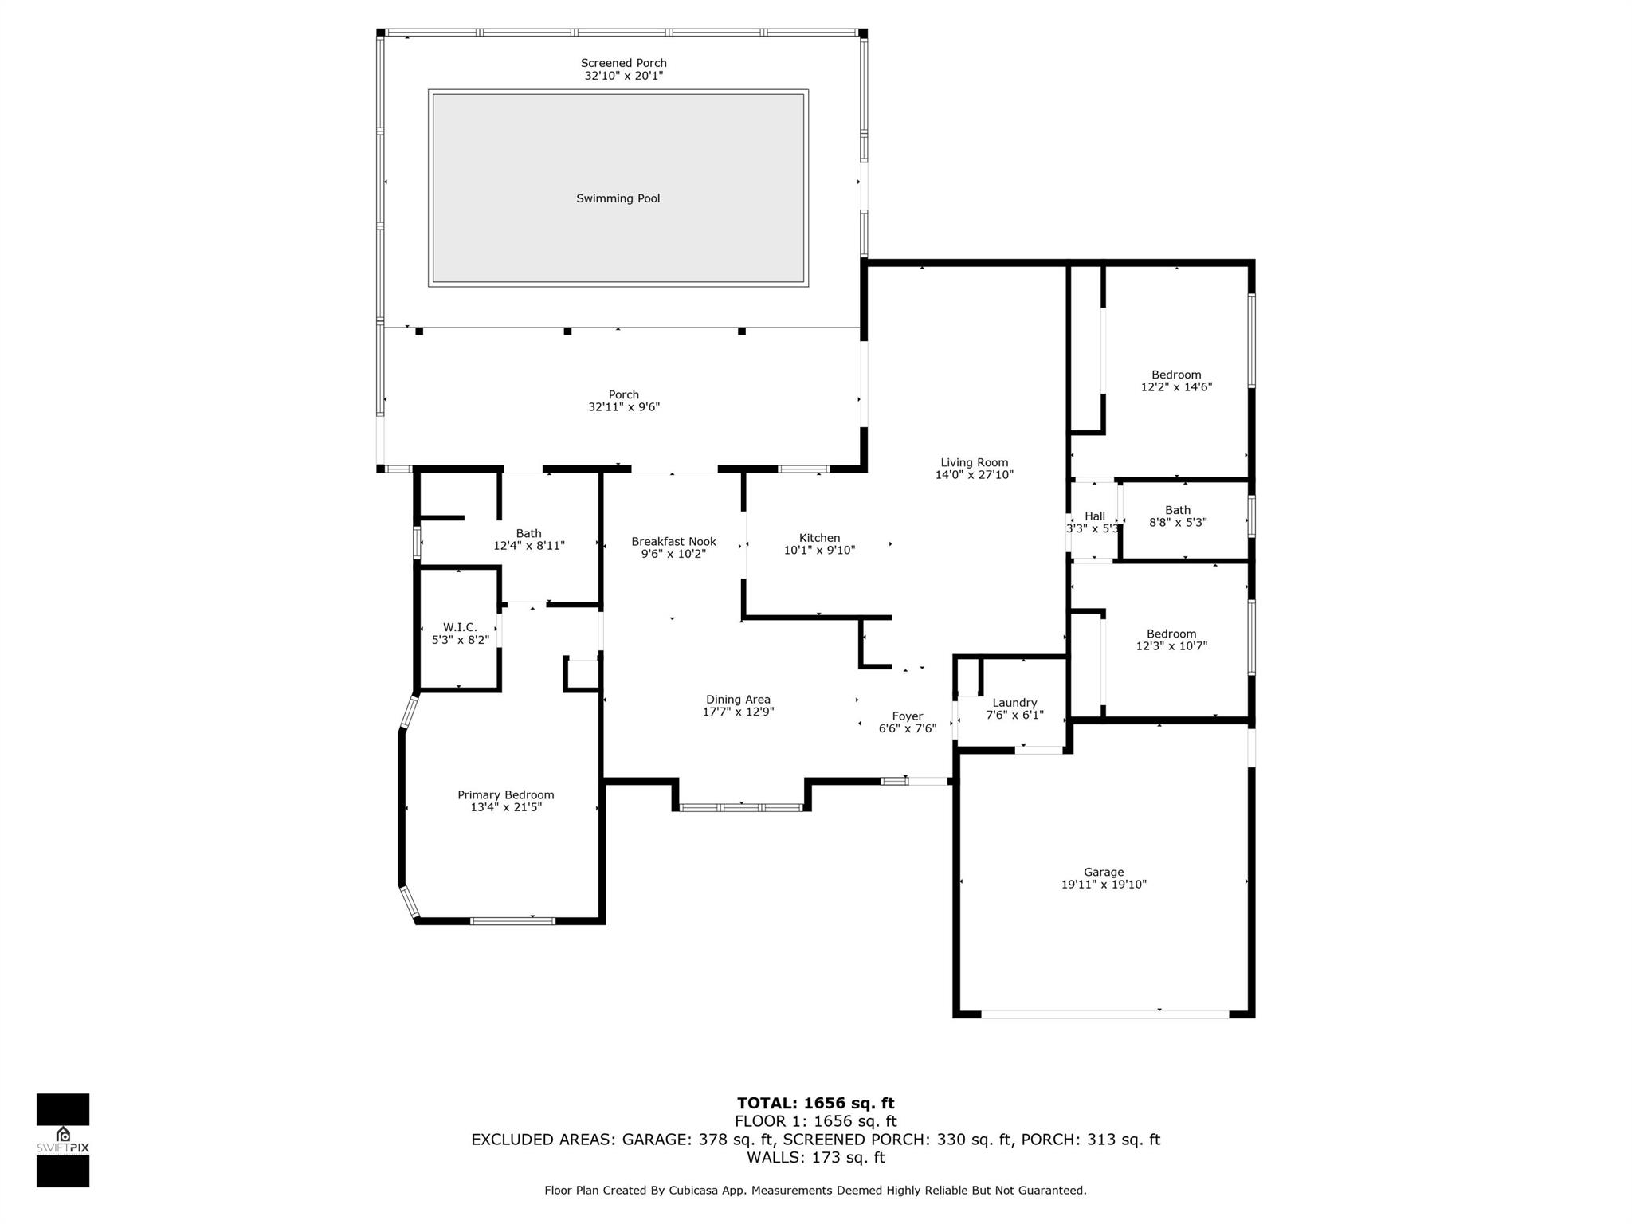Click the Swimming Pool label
(618, 198)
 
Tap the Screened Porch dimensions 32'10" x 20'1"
(624, 76)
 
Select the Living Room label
(974, 462)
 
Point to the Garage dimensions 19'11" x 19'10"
(1104, 884)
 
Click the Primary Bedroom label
(506, 794)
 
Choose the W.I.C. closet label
(461, 627)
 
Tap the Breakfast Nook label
(674, 542)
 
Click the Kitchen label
(820, 538)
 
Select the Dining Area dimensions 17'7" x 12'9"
(738, 712)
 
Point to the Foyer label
(908, 716)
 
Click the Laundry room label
(1014, 703)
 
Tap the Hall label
(1095, 516)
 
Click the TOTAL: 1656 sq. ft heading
(816, 1104)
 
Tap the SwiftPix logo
(63, 1140)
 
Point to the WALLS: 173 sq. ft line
(816, 1158)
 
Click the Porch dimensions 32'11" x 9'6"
(624, 407)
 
